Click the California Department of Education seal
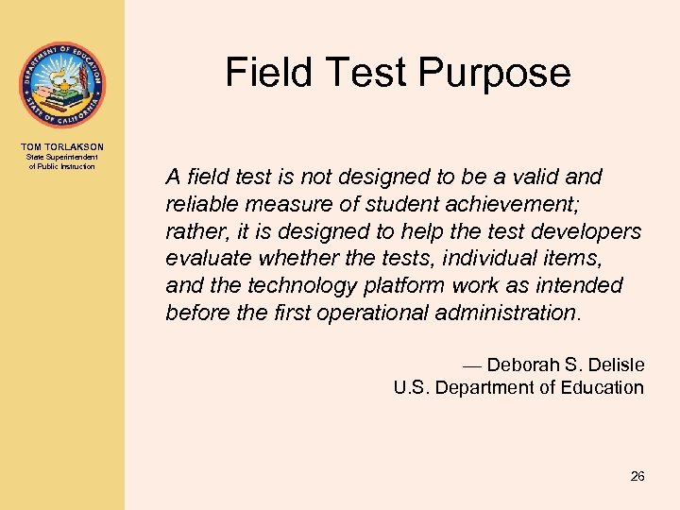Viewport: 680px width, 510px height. point(62,86)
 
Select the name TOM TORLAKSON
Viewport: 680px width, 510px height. point(62,146)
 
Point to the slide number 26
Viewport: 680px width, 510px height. point(637,477)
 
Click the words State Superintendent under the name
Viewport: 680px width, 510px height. point(62,158)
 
